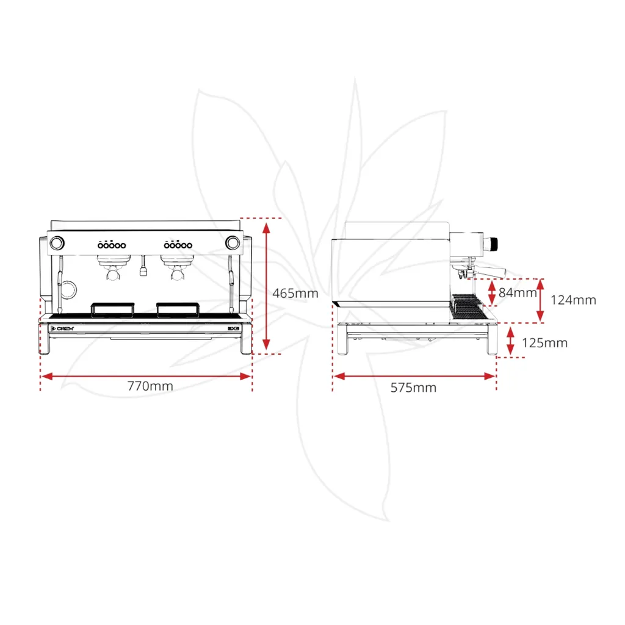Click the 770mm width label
tap(150, 386)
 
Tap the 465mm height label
tap(295, 293)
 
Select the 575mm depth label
tap(414, 388)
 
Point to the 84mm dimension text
tap(516, 292)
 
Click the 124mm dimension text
tap(573, 300)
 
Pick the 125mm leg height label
tap(544, 343)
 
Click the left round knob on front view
tap(56, 242)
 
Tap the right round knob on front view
tap(232, 242)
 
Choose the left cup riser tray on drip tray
tap(112, 309)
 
